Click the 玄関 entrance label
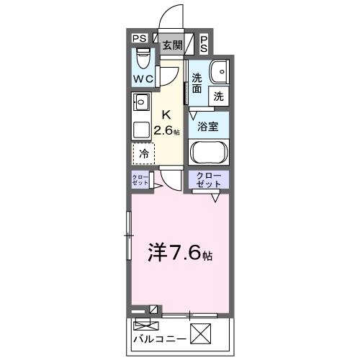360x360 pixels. pos(171,46)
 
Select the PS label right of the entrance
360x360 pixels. pos(204,43)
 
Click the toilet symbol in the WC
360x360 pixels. pos(143,56)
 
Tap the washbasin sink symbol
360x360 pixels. pos(218,70)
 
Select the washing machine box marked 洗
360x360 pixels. pos(217,94)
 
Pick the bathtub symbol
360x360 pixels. pos(209,153)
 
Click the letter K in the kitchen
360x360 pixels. pos(166,114)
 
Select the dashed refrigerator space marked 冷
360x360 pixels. pos(143,153)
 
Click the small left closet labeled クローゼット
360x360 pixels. pos(140,181)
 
